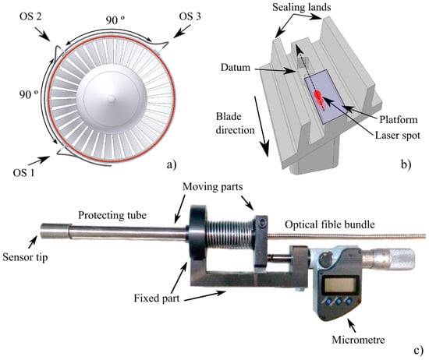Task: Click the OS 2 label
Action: (x=30, y=16)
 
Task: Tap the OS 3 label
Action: (x=190, y=16)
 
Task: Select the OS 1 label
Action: (x=24, y=173)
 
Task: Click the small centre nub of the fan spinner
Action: (x=111, y=99)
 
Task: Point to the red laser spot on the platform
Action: (x=319, y=97)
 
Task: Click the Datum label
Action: (x=236, y=67)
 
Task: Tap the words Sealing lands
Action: (x=302, y=7)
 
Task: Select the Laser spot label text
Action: (x=397, y=135)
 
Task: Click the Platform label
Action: (x=399, y=120)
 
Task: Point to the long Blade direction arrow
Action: (x=261, y=126)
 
